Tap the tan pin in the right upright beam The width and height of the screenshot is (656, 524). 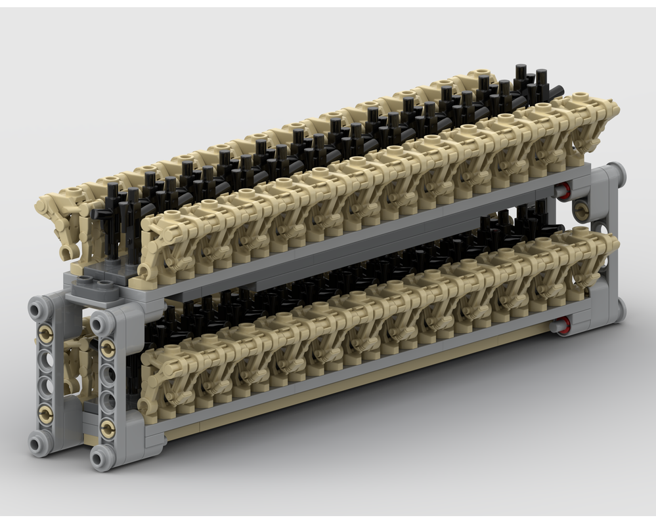[x=581, y=209]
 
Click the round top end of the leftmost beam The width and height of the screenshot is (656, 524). [x=37, y=304]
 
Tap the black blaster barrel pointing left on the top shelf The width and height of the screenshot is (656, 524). [x=102, y=214]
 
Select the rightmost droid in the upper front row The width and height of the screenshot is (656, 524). [x=594, y=125]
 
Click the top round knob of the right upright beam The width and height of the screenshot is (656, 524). [x=617, y=175]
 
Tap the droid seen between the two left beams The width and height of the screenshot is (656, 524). [x=76, y=357]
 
